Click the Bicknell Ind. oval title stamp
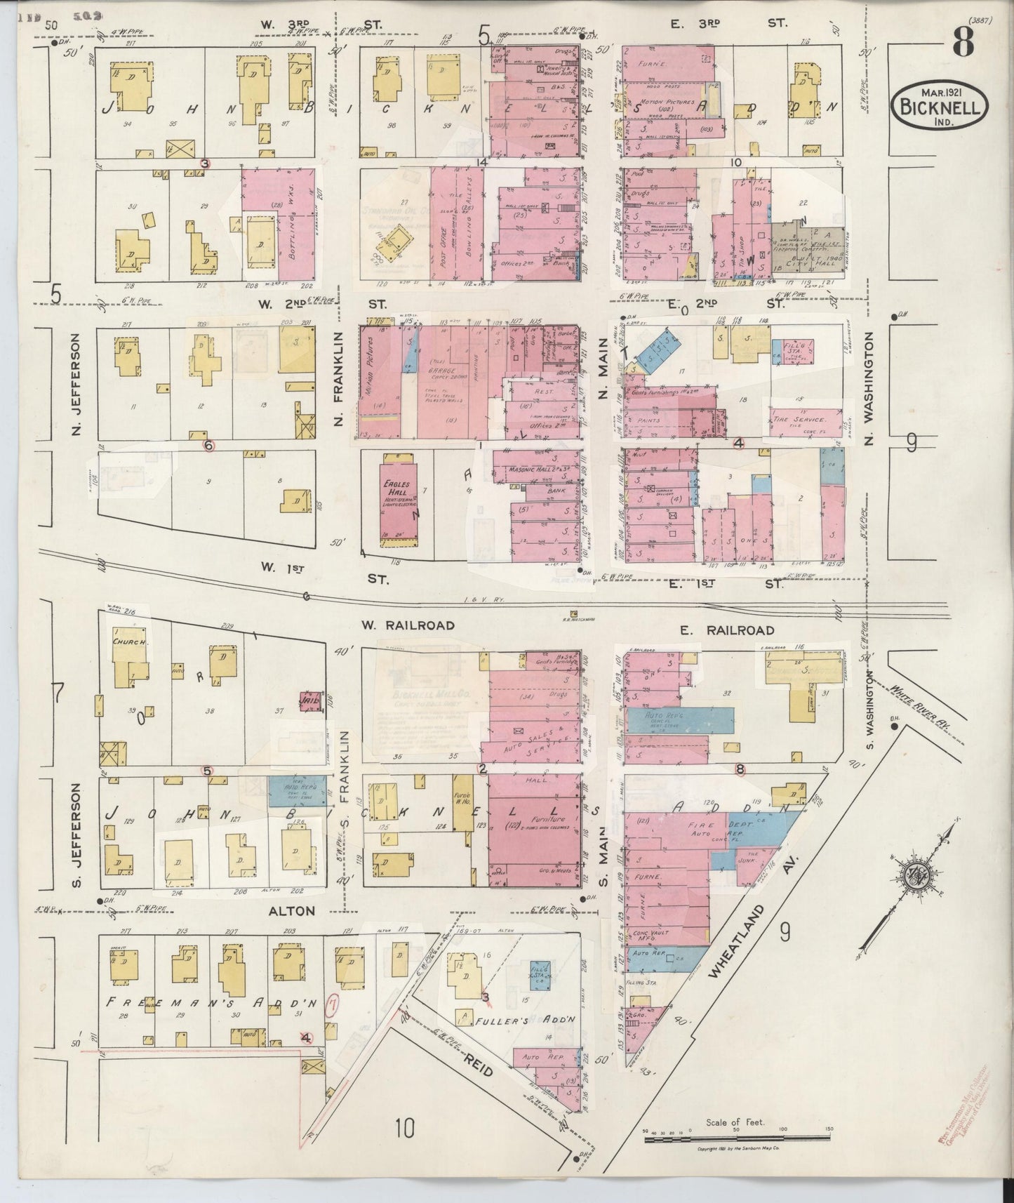939,105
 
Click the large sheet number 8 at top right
962,44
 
